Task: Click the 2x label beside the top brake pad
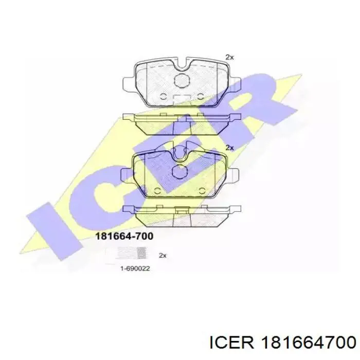[x=229, y=57]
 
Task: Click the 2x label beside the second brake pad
[x=229, y=148]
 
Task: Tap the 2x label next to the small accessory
[x=163, y=255]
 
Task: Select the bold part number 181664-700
[x=124, y=236]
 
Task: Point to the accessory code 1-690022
[x=135, y=268]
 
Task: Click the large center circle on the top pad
[x=182, y=81]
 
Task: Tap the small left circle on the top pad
[x=163, y=96]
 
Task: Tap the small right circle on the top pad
[x=201, y=96]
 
